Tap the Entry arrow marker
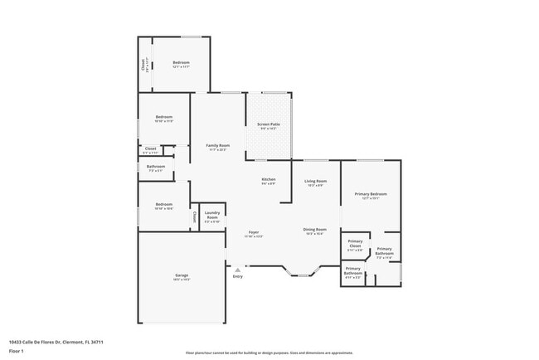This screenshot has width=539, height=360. pyautogui.click(x=238, y=269)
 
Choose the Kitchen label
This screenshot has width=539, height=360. pyautogui.click(x=269, y=181)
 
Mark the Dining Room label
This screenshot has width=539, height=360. pyautogui.click(x=315, y=231)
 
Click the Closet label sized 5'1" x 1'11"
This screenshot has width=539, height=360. pyautogui.click(x=151, y=150)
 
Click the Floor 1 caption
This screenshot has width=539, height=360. pyautogui.click(x=17, y=351)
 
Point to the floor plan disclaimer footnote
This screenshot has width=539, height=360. pyautogui.click(x=269, y=353)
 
